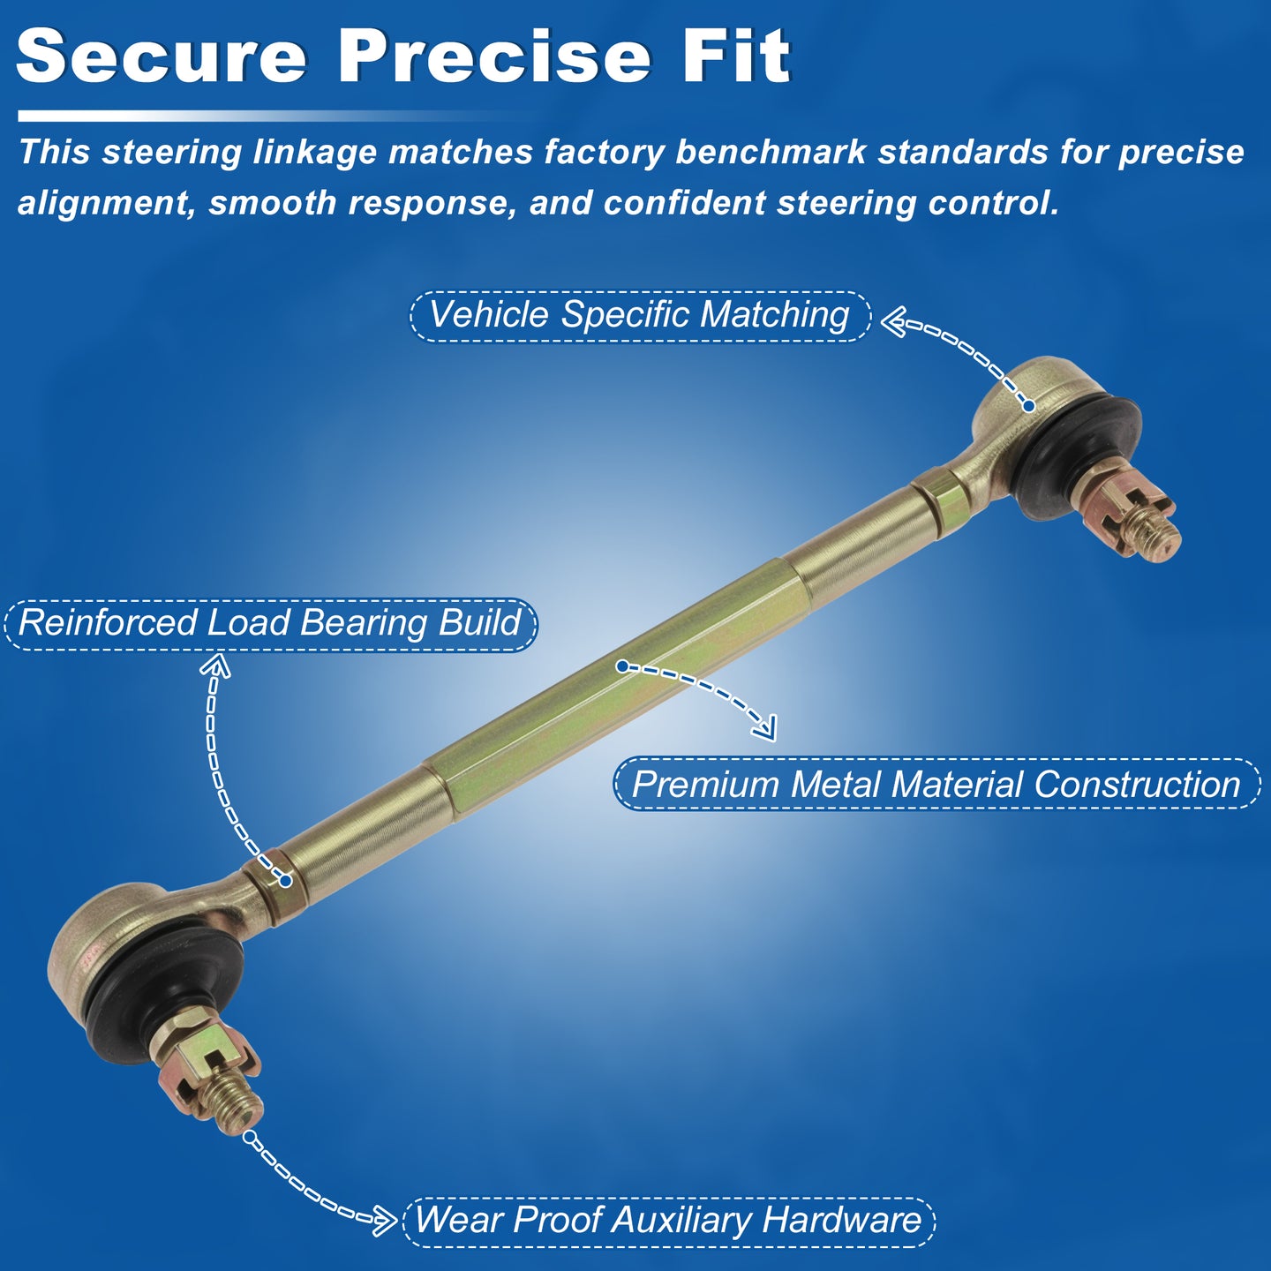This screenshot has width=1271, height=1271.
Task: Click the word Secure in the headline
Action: (162, 56)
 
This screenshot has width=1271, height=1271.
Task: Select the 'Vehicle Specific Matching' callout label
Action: (640, 315)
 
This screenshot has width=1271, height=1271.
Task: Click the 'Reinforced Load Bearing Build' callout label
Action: (270, 624)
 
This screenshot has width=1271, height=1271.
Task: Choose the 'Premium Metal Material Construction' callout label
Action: (936, 785)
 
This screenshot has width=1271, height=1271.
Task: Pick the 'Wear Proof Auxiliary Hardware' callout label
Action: (668, 1220)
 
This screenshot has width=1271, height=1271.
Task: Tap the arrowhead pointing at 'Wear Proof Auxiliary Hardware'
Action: (387, 1221)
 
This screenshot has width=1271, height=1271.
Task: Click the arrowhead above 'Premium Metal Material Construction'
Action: (766, 729)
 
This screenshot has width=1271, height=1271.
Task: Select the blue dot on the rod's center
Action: (622, 666)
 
